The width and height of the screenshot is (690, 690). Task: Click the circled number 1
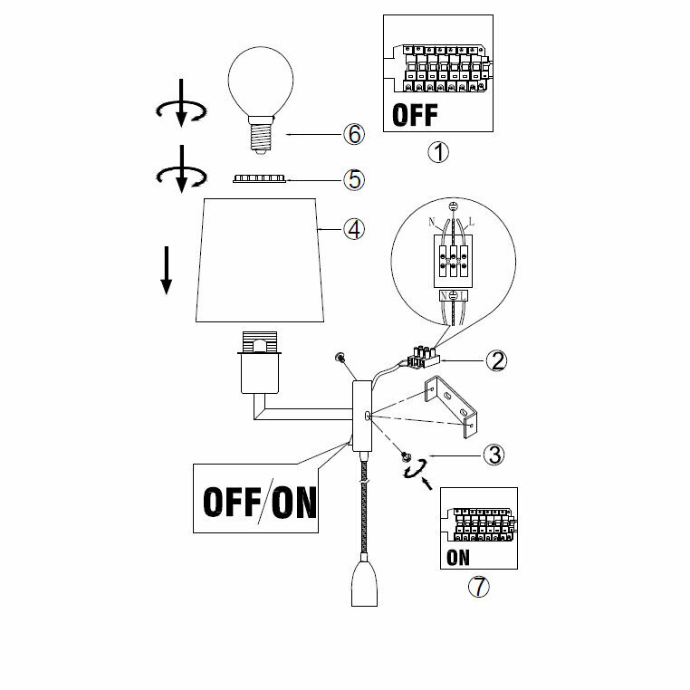[438, 152]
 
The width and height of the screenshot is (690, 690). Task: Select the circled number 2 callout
[495, 360]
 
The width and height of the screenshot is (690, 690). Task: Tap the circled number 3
[493, 454]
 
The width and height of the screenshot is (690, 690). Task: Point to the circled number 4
[354, 228]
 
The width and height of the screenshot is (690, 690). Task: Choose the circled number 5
[354, 179]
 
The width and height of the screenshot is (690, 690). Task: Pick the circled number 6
[354, 134]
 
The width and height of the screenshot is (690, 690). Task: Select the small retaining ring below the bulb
[260, 180]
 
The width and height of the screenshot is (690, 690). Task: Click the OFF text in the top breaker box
[416, 115]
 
